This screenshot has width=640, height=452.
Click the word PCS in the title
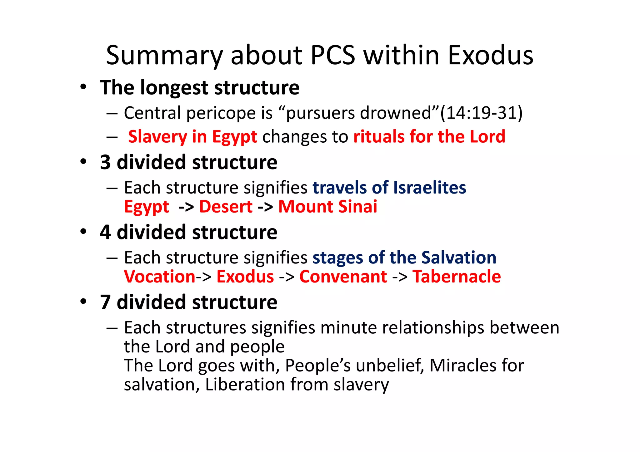point(333,56)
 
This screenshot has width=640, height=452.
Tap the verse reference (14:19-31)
point(481,113)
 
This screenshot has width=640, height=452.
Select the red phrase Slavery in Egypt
point(192,137)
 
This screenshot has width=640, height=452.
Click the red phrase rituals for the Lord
point(429,137)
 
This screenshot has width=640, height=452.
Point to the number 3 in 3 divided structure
point(106,162)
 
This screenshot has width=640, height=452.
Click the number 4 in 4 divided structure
point(106,232)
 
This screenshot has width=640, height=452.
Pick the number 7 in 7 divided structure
point(106,302)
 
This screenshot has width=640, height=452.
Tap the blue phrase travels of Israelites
point(389,188)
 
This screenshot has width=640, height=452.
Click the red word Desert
point(226,207)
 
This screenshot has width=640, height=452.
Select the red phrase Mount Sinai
point(327,207)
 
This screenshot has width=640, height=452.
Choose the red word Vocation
point(160,277)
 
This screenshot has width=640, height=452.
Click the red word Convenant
point(343,277)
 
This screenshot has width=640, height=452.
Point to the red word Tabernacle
point(457,277)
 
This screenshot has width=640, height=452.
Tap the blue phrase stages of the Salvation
point(404,258)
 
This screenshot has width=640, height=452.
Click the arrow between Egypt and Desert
point(186,207)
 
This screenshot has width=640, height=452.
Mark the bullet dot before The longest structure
point(83,87)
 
